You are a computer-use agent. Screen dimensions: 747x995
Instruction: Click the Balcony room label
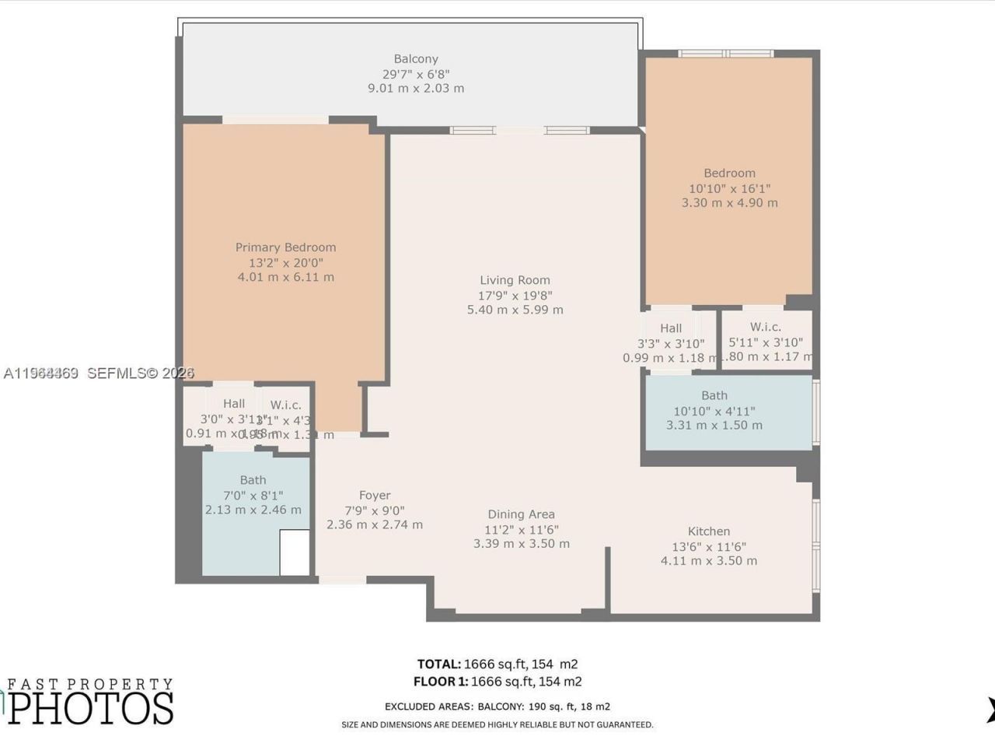point(416,59)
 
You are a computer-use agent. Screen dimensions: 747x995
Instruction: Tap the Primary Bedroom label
point(285,247)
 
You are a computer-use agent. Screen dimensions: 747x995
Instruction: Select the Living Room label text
point(515,280)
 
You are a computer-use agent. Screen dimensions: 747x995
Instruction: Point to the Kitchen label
point(708,531)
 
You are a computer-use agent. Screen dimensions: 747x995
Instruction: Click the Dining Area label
point(521,514)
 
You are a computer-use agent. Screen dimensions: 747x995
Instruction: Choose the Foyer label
point(375,496)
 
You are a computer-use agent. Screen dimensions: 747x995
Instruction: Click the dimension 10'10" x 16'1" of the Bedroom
point(729,188)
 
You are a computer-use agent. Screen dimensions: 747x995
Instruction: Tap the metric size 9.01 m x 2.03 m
point(416,89)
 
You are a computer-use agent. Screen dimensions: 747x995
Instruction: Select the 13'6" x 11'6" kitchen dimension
point(708,547)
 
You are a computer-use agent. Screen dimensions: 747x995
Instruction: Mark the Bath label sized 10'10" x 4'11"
point(714,396)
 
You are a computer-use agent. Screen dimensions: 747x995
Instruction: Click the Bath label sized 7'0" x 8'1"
point(253,480)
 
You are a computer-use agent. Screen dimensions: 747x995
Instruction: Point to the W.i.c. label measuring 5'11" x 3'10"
point(765,328)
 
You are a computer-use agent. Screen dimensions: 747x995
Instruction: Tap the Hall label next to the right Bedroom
point(671,328)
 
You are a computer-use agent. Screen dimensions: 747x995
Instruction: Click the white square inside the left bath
point(294,553)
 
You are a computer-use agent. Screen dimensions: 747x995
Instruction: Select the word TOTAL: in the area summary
point(438,665)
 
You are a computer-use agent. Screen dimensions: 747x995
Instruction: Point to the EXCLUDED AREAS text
point(428,707)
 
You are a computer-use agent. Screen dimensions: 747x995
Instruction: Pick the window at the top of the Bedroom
point(725,54)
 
